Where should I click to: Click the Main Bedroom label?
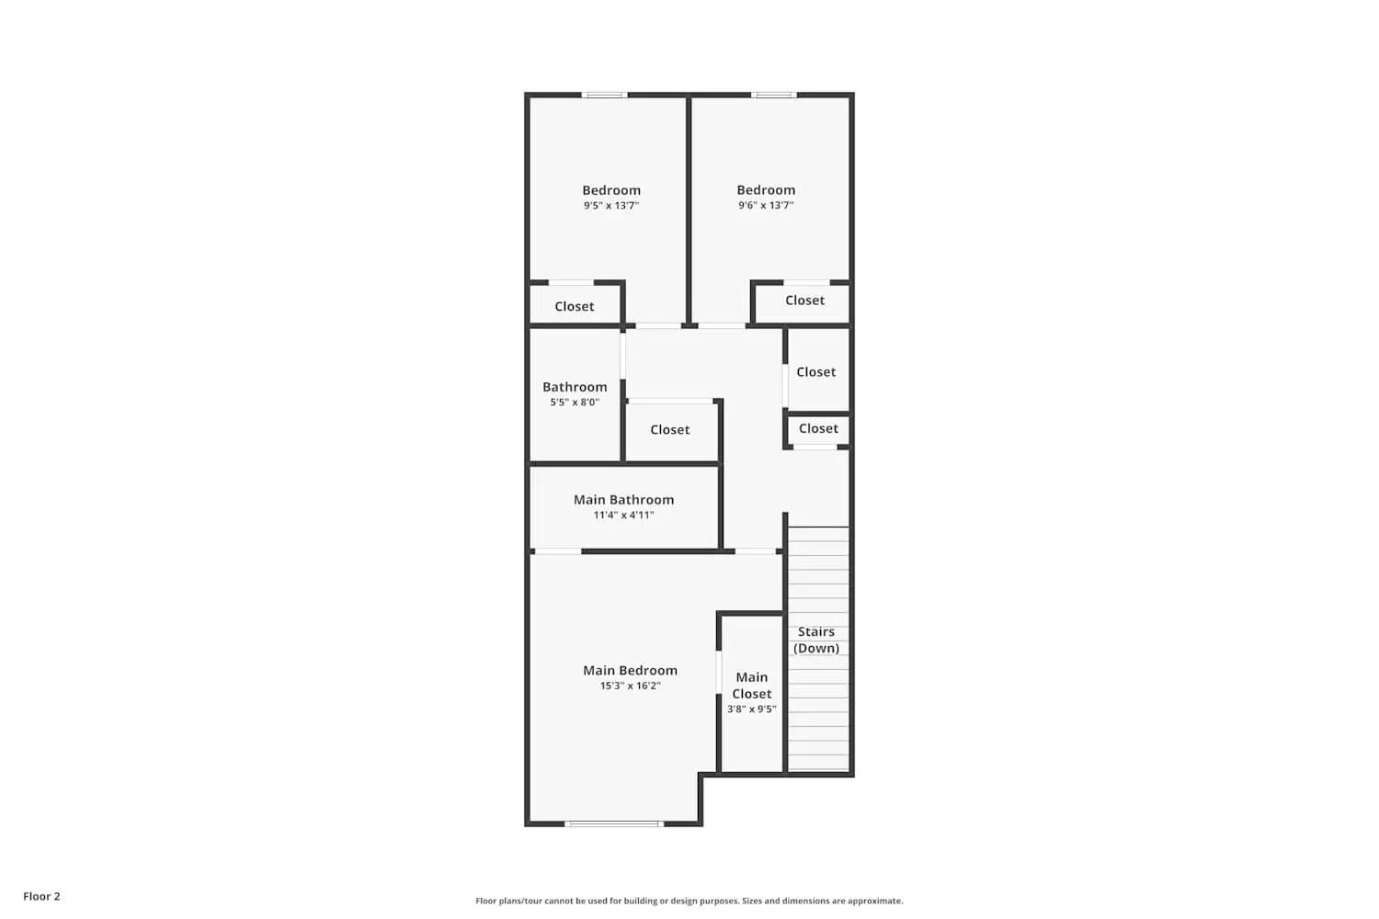coord(630,671)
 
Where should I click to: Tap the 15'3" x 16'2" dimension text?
coord(630,686)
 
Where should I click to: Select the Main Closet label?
coord(751,686)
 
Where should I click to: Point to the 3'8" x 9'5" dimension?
coord(751,709)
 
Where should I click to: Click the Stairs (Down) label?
coord(816,640)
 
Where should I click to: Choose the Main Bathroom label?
coord(623,500)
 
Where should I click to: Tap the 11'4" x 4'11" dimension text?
coord(623,516)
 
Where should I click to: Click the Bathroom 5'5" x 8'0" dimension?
coord(575,403)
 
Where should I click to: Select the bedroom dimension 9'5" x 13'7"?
coord(611,206)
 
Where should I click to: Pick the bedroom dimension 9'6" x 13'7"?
coord(766,206)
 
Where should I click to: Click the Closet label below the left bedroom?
coord(575,307)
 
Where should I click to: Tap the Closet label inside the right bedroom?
coord(804,301)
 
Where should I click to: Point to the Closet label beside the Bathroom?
coord(669,430)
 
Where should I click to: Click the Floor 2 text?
coord(41,897)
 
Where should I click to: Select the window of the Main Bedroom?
coord(613,823)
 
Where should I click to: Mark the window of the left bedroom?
coord(604,95)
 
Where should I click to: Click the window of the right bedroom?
coord(773,95)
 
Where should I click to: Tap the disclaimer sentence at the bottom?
coord(689,902)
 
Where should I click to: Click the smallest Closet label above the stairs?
coord(818,429)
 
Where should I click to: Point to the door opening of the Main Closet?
coord(719,672)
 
